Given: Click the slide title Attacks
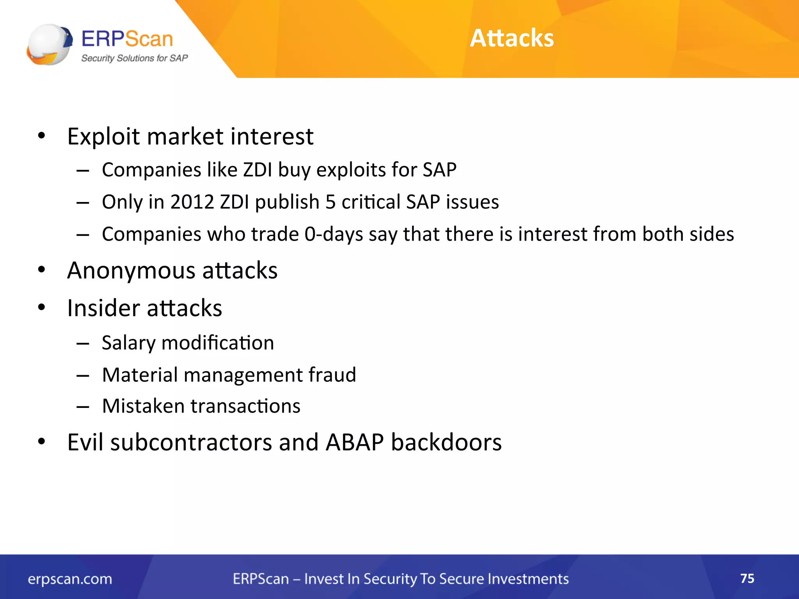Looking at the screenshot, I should [x=511, y=38].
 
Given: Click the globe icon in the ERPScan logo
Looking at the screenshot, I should [x=49, y=44].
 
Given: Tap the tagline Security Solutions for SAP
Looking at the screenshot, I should [x=134, y=58].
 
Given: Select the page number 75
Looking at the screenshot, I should [x=747, y=578].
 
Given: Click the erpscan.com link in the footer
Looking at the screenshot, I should [x=70, y=579].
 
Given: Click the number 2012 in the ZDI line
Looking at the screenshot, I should [x=192, y=202].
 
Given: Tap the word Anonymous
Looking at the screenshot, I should [x=131, y=271].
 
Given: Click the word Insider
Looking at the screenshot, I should [x=103, y=308].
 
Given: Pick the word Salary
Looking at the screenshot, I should [x=128, y=343].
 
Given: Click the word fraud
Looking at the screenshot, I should [x=332, y=375].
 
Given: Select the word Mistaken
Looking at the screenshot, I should [x=143, y=406].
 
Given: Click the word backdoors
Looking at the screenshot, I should [x=446, y=443].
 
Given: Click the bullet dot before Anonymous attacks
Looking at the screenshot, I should [x=42, y=270].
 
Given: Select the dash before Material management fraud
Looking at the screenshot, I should [x=83, y=376].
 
